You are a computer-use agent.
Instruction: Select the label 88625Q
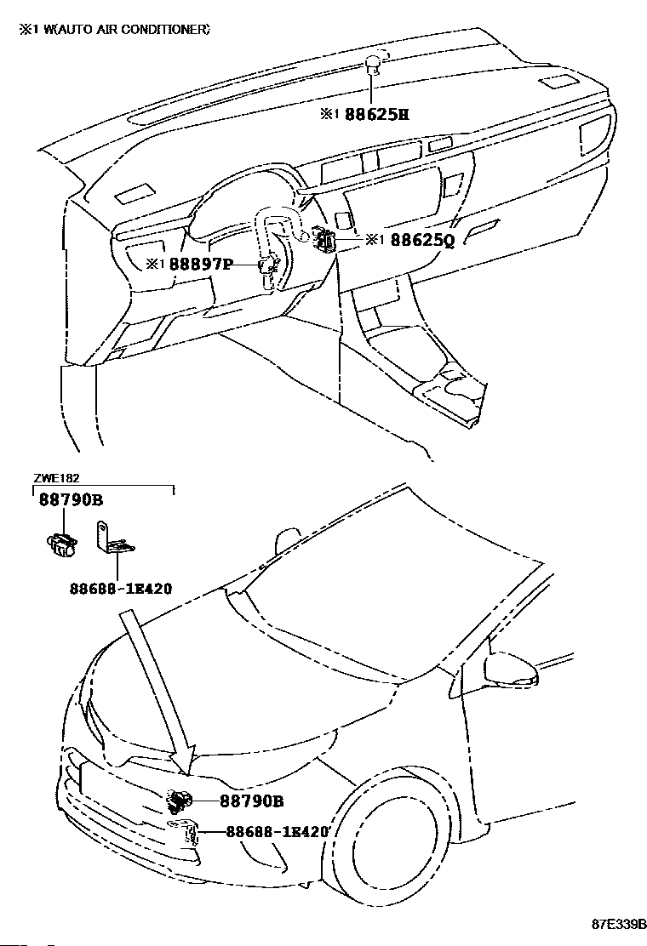pyautogui.click(x=422, y=241)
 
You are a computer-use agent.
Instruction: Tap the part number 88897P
pyautogui.click(x=201, y=265)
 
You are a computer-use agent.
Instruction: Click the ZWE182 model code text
pyautogui.click(x=57, y=479)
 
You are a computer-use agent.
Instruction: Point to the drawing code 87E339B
pyautogui.click(x=620, y=924)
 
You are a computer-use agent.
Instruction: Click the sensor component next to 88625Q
pyautogui.click(x=324, y=241)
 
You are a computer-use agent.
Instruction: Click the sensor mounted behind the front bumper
pyautogui.click(x=180, y=800)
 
